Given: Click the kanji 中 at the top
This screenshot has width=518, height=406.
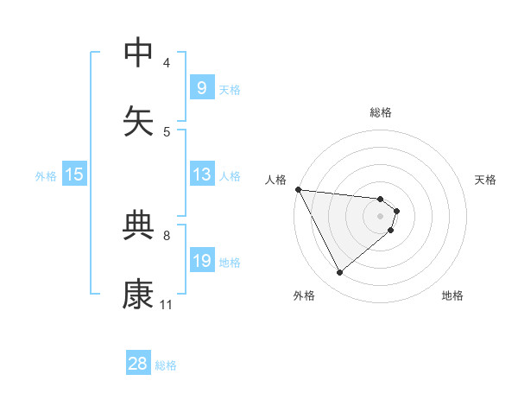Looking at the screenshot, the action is click(x=138, y=53).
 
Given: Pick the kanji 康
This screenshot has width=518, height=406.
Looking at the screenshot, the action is click(x=138, y=295).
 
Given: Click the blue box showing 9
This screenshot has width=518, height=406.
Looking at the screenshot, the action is click(x=201, y=87).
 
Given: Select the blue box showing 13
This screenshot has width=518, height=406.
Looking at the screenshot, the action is click(x=201, y=174).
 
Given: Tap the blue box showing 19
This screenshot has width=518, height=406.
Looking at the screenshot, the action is click(x=201, y=261).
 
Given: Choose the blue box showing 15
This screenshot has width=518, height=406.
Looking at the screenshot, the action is click(x=74, y=174).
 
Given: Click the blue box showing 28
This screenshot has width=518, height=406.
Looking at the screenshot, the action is click(x=138, y=364).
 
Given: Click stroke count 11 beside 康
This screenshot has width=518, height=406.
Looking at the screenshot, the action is click(x=166, y=304).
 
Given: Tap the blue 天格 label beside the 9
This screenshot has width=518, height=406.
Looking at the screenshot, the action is click(x=230, y=89).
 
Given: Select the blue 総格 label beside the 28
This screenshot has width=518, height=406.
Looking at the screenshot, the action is click(x=166, y=365).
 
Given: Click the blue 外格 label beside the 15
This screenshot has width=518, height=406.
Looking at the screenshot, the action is click(x=46, y=176).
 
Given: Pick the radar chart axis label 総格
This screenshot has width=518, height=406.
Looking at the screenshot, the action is click(x=381, y=112).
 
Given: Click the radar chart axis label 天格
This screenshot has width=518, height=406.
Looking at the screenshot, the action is click(x=486, y=180).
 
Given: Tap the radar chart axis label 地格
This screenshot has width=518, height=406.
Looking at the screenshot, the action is click(x=452, y=295).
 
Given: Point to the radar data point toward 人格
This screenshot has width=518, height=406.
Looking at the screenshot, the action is click(x=298, y=189).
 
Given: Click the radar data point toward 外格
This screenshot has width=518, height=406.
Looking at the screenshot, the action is click(x=339, y=272).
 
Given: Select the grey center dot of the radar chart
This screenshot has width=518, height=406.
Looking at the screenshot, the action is click(x=381, y=216).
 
